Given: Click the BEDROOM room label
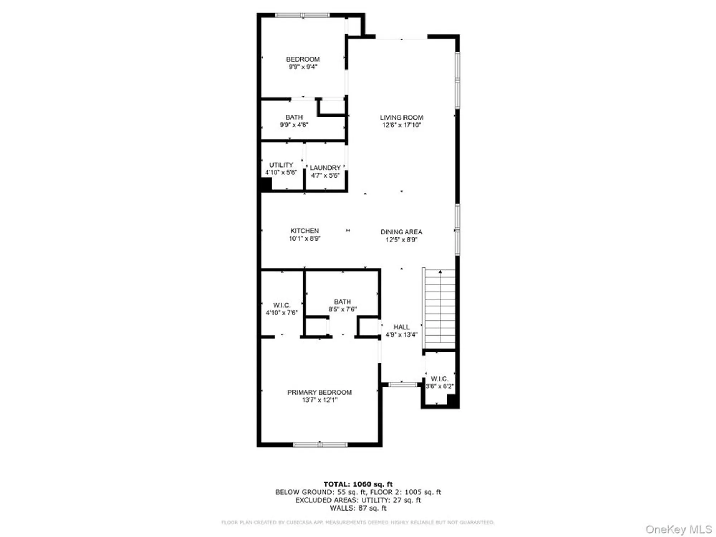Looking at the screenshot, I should tap(303, 59).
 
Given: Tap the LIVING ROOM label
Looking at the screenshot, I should tap(401, 117).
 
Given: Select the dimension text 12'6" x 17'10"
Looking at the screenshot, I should tap(401, 125).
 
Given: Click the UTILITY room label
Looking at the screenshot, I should tap(281, 165).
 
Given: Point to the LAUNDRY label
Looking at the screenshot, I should tap(325, 168).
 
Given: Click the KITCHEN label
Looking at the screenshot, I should tap(304, 231).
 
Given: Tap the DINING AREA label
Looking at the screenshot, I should tap(401, 232).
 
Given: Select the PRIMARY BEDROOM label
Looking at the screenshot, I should tap(319, 392).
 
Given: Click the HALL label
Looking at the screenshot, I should tap(401, 327).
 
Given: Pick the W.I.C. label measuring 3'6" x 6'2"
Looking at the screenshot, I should tap(439, 379).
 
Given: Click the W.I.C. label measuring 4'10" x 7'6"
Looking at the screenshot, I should tap(281, 305).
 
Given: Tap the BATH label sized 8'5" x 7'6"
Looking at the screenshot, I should tap(342, 302).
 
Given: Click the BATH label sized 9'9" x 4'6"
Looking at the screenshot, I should tap(294, 117).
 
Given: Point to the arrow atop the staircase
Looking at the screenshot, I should tap(440, 272).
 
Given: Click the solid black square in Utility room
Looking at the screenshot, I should tap(266, 184).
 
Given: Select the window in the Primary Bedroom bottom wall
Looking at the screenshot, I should tap(320, 445).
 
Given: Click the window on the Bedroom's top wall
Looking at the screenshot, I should tap(303, 15).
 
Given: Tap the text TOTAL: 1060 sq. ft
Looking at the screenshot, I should tap(358, 484).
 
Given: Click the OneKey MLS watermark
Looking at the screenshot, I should tap(678, 529).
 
